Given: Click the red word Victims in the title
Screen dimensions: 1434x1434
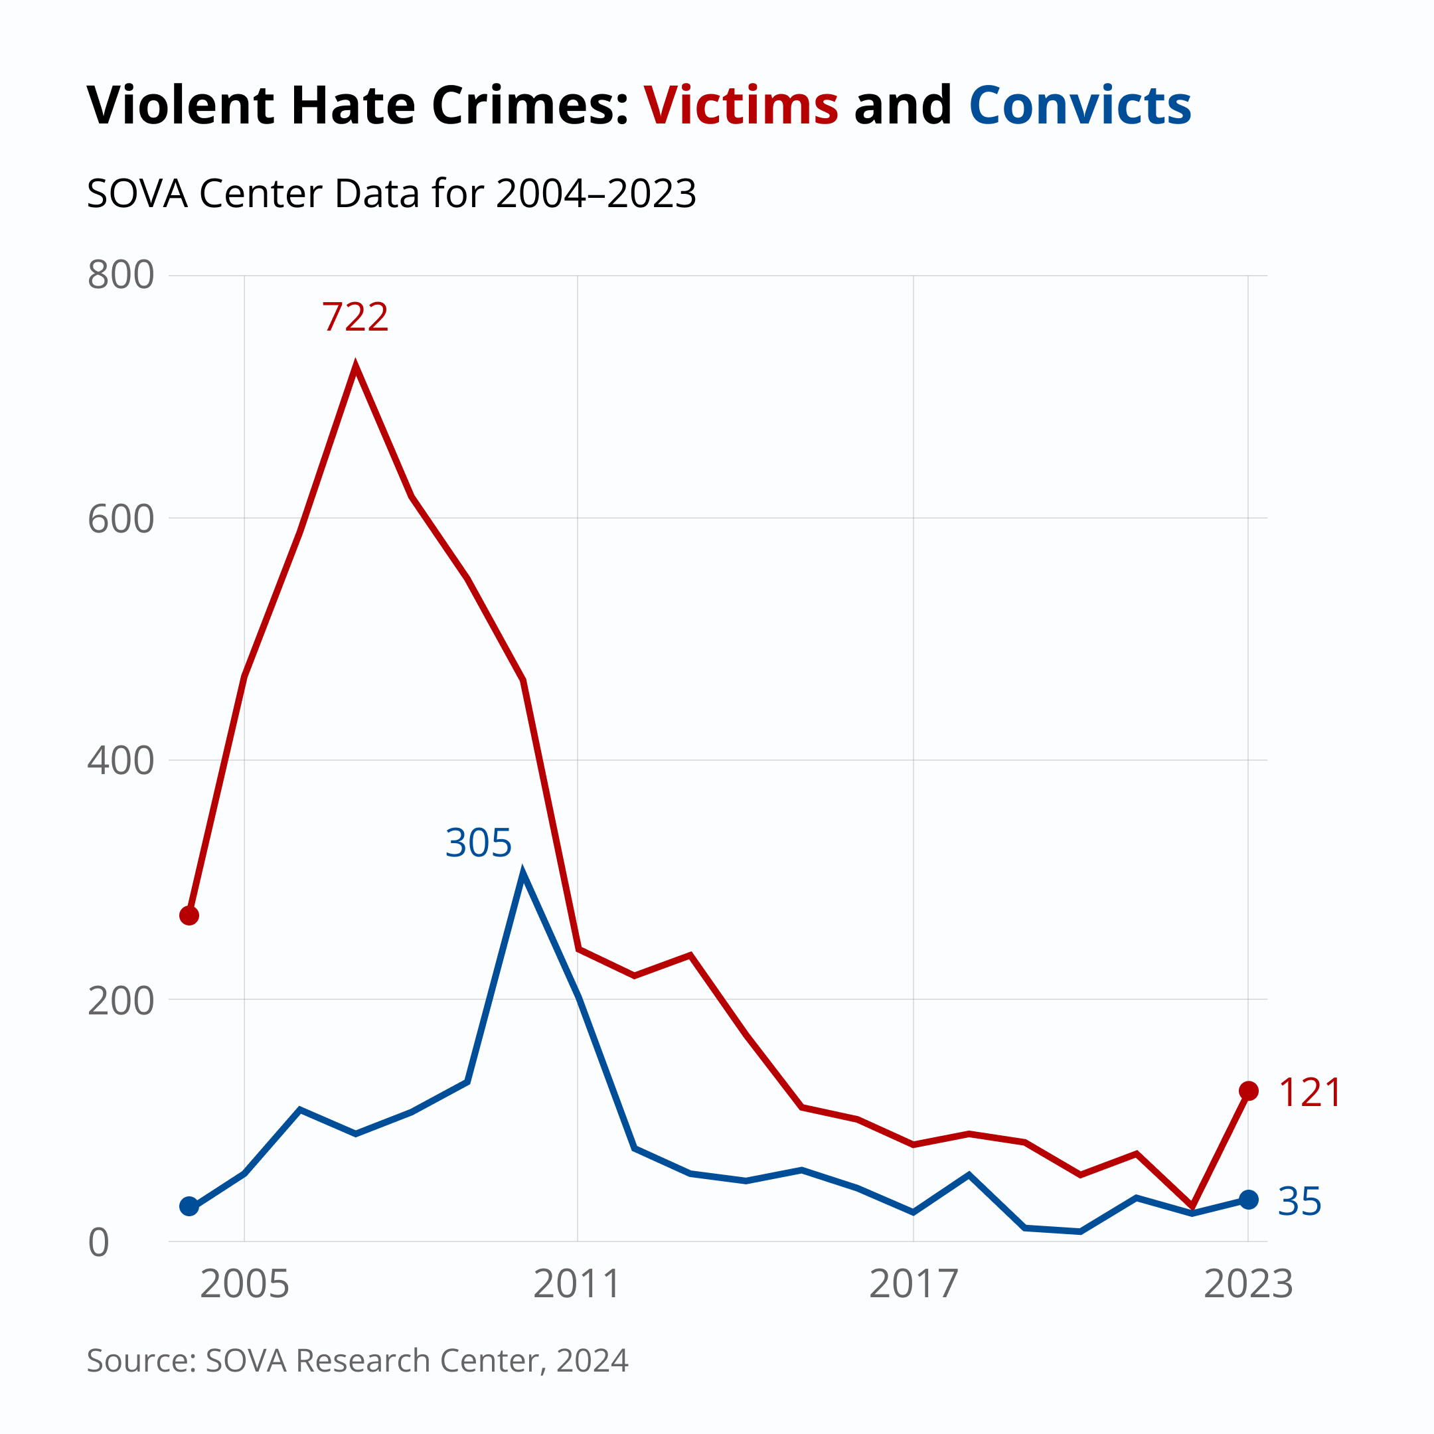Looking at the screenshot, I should coord(741,106).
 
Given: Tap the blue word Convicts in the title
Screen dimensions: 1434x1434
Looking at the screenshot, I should coord(1080,106).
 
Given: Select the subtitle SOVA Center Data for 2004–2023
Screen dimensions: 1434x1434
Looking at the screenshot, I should coord(391,194).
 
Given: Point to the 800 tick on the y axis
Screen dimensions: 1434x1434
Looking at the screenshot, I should coord(120,276).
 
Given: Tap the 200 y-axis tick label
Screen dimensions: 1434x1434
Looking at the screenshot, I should coord(120,1002).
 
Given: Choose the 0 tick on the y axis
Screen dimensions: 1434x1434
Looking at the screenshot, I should coord(99,1244).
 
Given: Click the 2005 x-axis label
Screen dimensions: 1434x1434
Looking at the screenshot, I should coord(244,1285).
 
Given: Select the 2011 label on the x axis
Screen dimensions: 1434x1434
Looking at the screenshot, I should coord(578,1285).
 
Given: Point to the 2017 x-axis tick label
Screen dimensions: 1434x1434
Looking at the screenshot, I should coord(913,1285).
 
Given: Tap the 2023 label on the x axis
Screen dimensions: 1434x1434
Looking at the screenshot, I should coord(1247,1285).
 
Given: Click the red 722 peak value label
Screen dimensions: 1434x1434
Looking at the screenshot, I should coord(355,318).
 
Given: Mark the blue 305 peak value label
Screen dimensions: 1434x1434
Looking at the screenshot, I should coord(478,844).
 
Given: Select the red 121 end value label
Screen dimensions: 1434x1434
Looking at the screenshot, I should coord(1310,1093).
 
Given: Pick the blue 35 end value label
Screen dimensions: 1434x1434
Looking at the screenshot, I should coord(1300,1202).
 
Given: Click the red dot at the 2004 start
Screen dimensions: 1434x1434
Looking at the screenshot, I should coord(189,916).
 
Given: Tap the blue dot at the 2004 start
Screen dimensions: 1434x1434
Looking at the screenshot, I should coord(189,1207).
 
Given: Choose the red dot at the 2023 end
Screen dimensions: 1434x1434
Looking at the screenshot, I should coord(1249,1091).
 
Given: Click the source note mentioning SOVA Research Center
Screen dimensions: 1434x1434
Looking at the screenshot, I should coord(357,1360).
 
